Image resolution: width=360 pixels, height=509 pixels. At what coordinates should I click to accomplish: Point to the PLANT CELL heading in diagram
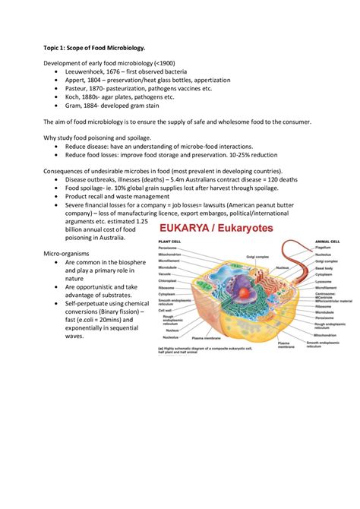pos(169,242)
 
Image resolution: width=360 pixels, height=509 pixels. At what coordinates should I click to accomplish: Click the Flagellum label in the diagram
pos(324,247)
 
